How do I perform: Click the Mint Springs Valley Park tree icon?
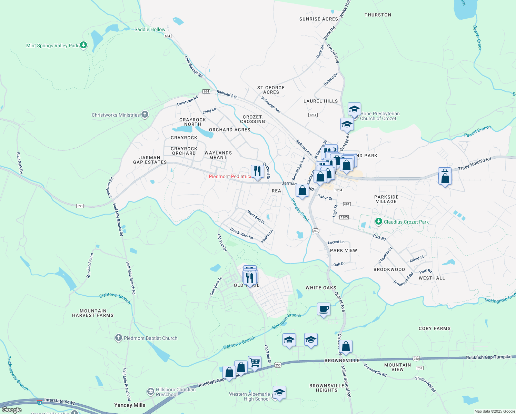[83, 45]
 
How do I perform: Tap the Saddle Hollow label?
[150, 29]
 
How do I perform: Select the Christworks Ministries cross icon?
[145, 115]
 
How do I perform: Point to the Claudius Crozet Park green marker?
[378, 221]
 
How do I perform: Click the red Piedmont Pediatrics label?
[230, 176]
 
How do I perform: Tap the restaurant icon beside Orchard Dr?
[257, 171]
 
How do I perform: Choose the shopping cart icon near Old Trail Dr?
[255, 363]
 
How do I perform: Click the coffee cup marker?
[324, 309]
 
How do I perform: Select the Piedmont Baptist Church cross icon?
[118, 338]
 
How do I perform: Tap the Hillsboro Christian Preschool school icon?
[150, 392]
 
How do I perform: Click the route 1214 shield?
[313, 115]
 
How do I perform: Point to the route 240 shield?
[315, 230]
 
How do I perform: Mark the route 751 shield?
[419, 368]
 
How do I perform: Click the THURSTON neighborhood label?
[378, 15]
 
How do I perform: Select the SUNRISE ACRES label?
[318, 19]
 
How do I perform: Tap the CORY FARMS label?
[434, 328]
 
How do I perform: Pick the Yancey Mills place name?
[130, 405]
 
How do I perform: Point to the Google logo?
[11, 410]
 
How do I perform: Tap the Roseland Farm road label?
[90, 266]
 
